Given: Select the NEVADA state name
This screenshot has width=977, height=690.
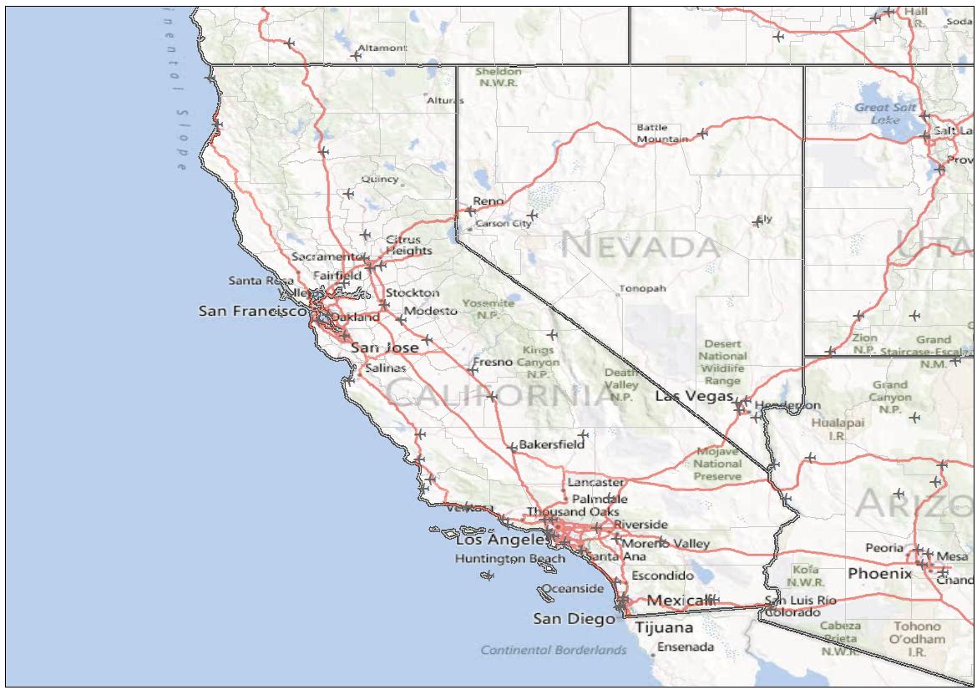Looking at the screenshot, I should click(641, 246).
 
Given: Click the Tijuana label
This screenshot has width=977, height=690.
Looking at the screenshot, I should click(664, 627).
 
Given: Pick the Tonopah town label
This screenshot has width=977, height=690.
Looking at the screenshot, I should click(643, 289).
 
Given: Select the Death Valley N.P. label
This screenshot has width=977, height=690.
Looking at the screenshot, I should click(620, 385).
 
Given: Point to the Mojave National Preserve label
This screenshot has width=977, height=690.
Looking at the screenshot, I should click(717, 464).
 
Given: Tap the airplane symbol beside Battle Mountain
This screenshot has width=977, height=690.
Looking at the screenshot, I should click(702, 133).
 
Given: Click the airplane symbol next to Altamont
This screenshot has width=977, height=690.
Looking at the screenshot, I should click(357, 56).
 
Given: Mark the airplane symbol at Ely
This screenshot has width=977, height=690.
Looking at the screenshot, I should click(757, 221).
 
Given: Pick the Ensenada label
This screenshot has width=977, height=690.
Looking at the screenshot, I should click(686, 647).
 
